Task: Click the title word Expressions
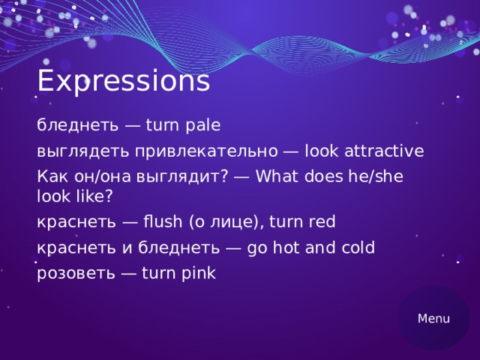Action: tap(123, 81)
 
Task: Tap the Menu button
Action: tap(433, 318)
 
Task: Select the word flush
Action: tap(163, 222)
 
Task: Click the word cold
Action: tap(355, 247)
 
